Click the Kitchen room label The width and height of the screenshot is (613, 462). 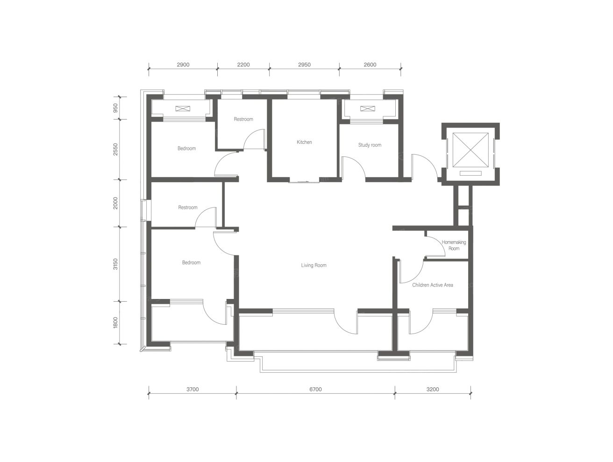coord(304,142)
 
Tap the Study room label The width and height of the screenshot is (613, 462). coord(370,145)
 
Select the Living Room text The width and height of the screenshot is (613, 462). coord(314,265)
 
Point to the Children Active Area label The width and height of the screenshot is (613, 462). coord(432,285)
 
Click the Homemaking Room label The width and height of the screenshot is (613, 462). coord(454,245)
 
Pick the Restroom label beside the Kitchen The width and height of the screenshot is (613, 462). coord(243,119)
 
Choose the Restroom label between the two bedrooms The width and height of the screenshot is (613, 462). coord(188,207)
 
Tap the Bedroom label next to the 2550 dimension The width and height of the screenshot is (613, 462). coord(186,148)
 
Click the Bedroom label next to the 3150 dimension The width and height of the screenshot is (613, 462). coord(191,263)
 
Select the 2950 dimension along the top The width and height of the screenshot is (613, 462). coord(304,65)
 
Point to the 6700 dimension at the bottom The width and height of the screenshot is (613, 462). coord(315,389)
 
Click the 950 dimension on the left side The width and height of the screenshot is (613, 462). coord(115,108)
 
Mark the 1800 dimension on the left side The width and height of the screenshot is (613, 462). coord(115,323)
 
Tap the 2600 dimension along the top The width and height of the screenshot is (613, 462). coord(370,65)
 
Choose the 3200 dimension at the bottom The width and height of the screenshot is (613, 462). coord(433,389)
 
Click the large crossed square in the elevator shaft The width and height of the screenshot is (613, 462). coord(470,150)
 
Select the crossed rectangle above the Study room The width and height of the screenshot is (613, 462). coord(368,108)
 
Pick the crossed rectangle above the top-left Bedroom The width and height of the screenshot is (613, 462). coord(183,108)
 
